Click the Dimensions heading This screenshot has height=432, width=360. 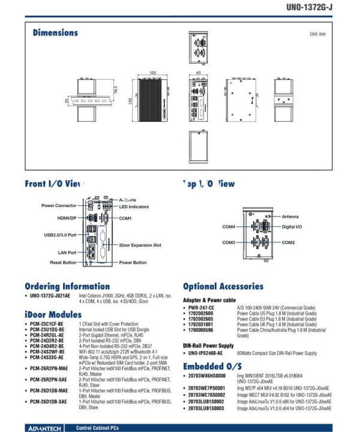55,32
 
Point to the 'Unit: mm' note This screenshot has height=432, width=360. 317,34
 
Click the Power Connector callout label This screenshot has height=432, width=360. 59,205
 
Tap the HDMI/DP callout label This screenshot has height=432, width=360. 67,218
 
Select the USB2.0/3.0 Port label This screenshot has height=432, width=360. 61,235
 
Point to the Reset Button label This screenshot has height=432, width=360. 63,262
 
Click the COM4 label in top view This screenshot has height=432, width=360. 229,227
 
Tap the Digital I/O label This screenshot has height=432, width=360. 292,227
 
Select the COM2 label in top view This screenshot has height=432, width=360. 289,242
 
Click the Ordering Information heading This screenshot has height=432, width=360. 67,286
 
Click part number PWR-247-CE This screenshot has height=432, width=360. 201,308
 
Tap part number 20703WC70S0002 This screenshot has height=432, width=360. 206,395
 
